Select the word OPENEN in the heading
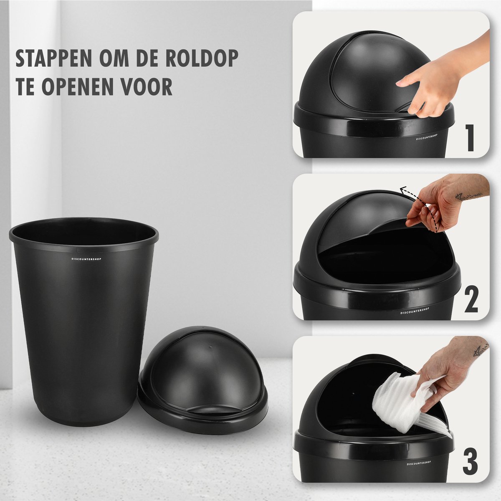(78, 86)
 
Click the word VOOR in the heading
(147, 86)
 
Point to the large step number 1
(471, 138)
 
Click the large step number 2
(471, 299)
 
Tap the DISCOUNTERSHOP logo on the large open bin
(86, 259)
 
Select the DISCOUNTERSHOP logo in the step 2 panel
(415, 311)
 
